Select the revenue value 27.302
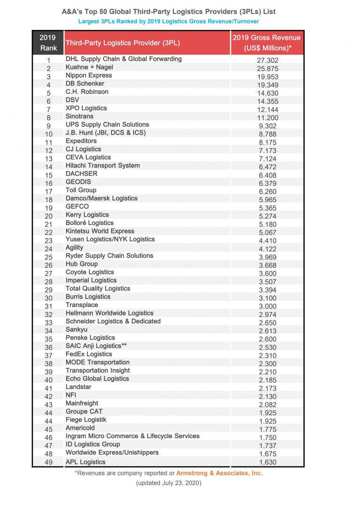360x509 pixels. pyautogui.click(x=268, y=60)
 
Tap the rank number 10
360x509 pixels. pyautogui.click(x=48, y=134)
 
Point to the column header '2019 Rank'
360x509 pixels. pyautogui.click(x=47, y=43)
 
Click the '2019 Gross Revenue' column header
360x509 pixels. pyautogui.click(x=267, y=43)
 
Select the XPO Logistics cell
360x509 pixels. pyautogui.click(x=86, y=108)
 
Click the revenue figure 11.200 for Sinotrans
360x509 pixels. pyautogui.click(x=268, y=118)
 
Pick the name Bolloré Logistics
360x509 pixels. pyautogui.click(x=90, y=223)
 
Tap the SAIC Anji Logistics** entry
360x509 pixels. pyautogui.click(x=96, y=346)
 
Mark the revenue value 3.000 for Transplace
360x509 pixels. pyautogui.click(x=268, y=307)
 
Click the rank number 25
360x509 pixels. pyautogui.click(x=48, y=257)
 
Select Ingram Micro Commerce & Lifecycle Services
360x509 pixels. pyautogui.click(x=133, y=436)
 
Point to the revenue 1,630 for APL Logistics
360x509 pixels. pyautogui.click(x=268, y=463)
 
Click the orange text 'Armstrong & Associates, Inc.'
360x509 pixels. pyautogui.click(x=219, y=473)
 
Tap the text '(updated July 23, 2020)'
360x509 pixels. pyautogui.click(x=169, y=483)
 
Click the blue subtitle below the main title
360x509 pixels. pyautogui.click(x=168, y=21)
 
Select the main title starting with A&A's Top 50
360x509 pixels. pyautogui.click(x=168, y=11)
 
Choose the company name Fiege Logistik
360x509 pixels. pyautogui.click(x=86, y=419)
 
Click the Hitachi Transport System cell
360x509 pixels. pyautogui.click(x=103, y=165)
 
